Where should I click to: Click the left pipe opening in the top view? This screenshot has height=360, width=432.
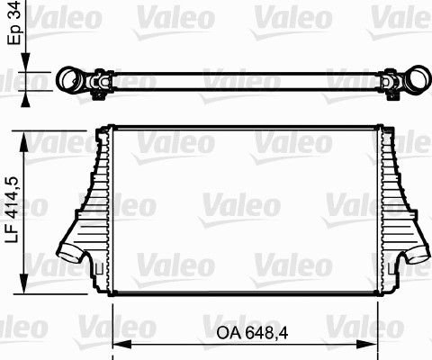click(67, 82)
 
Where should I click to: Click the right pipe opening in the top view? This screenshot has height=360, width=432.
click(418, 82)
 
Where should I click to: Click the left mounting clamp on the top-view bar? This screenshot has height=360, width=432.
click(98, 85)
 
